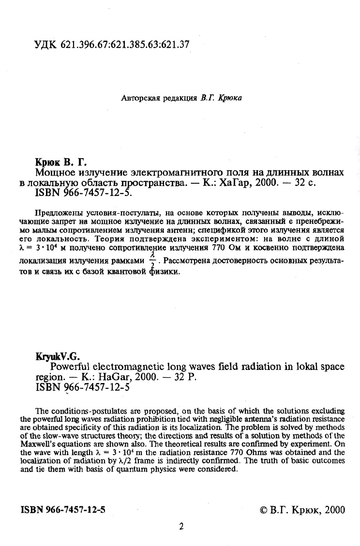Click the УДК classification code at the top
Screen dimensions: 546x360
pyautogui.click(x=111, y=45)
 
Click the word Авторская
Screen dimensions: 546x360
pyautogui.click(x=140, y=98)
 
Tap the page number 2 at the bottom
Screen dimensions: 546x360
pyautogui.click(x=181, y=527)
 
